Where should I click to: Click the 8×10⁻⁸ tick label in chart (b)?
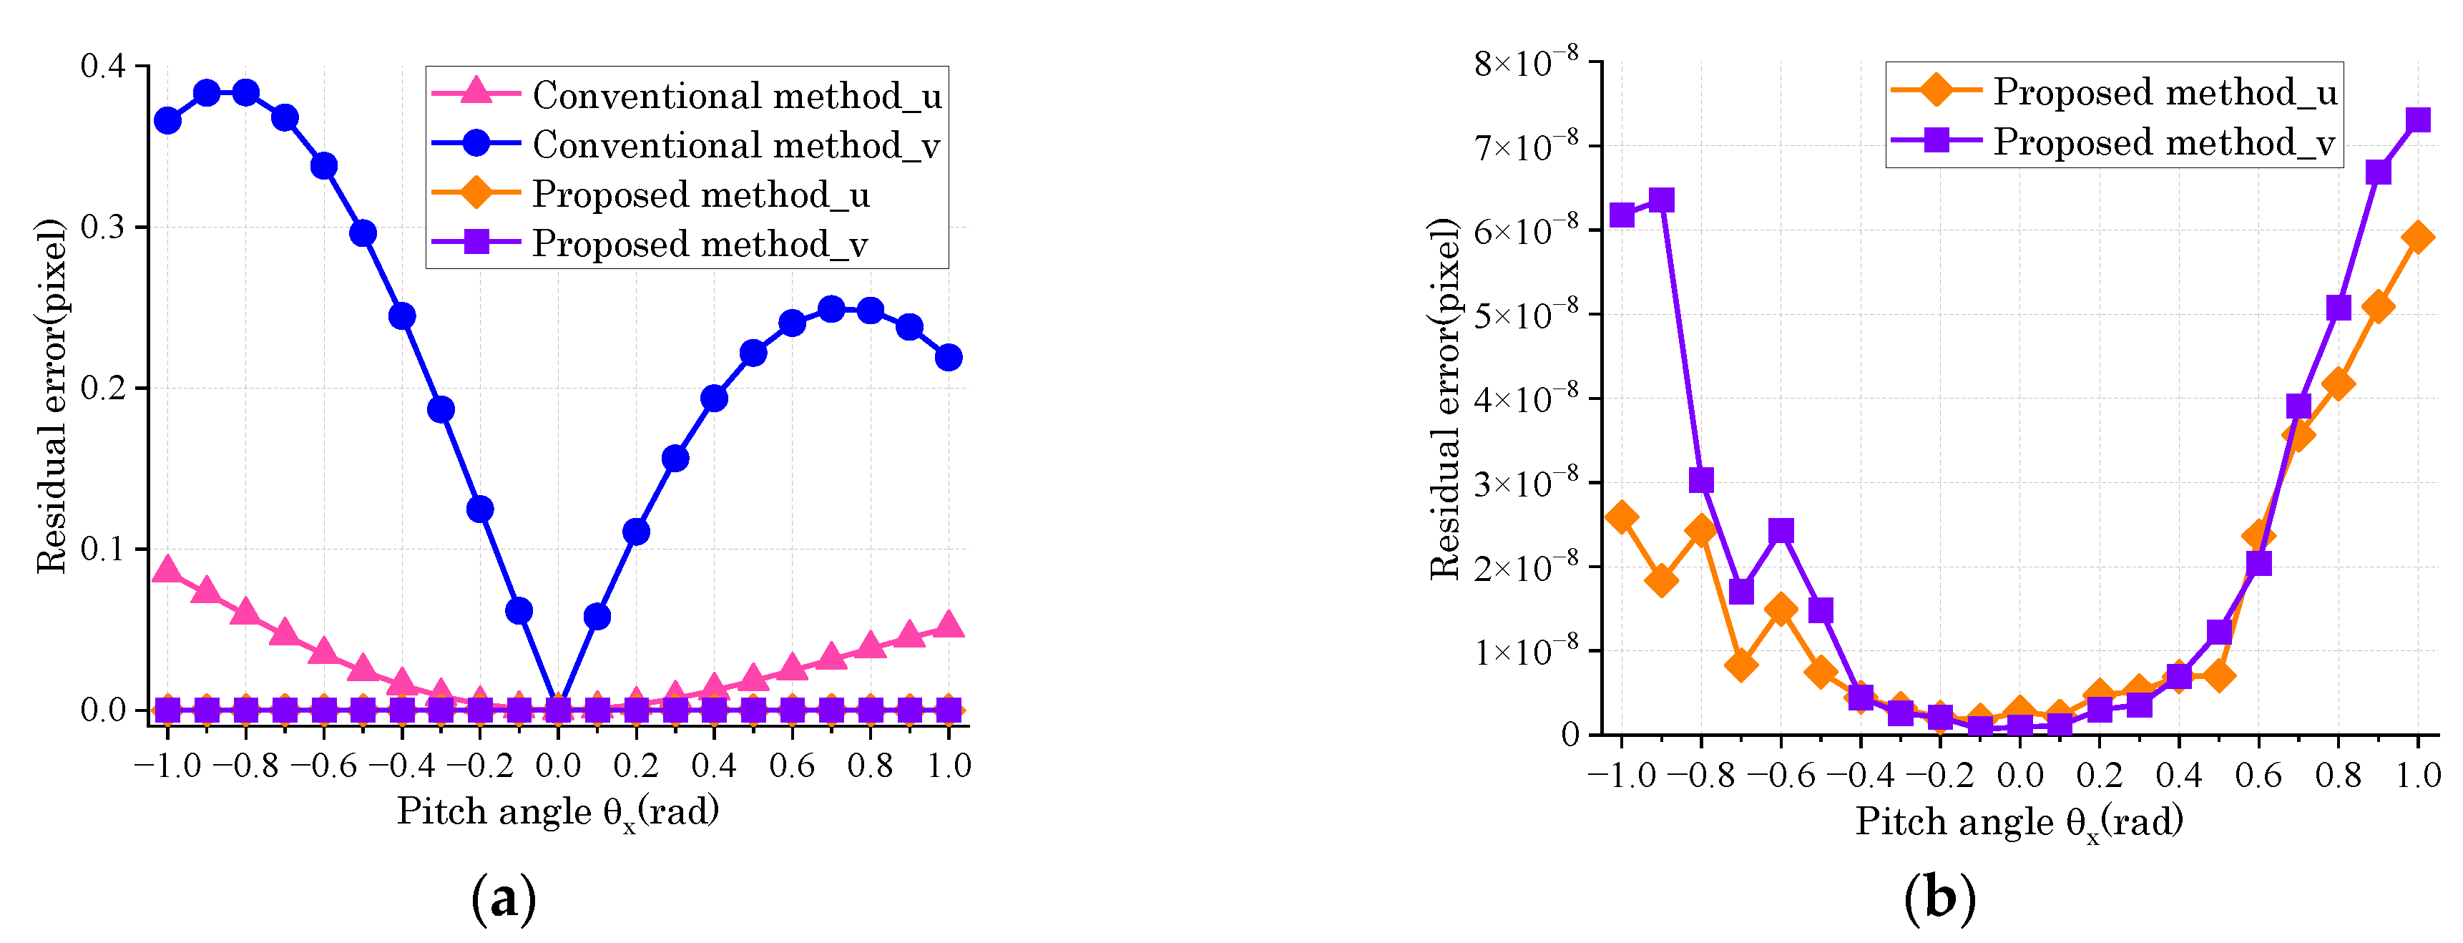(1526, 63)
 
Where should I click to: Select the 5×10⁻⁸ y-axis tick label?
(1526, 315)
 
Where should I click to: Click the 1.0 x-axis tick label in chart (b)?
(2417, 775)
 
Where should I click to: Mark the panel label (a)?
(504, 899)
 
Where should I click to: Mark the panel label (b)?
(1939, 899)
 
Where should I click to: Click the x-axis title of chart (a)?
(559, 812)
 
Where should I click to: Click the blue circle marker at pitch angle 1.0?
(949, 358)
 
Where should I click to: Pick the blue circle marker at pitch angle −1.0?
(167, 120)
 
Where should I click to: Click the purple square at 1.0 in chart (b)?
(2418, 119)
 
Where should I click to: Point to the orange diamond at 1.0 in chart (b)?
(2418, 238)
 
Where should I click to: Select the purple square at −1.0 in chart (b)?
(1622, 214)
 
